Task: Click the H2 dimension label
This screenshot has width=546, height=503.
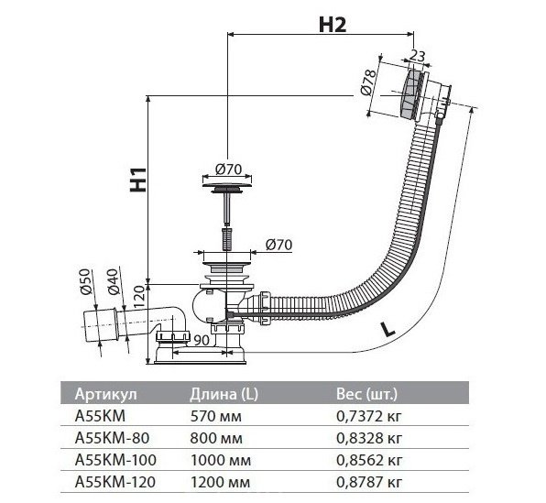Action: [333, 25]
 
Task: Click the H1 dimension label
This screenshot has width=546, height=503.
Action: [138, 180]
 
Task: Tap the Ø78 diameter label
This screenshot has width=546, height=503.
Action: [369, 82]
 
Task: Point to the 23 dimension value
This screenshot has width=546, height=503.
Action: [417, 56]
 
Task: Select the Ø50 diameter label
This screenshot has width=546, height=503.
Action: [86, 282]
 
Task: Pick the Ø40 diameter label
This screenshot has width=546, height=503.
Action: [114, 282]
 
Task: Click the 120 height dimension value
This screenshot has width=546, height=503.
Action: [138, 296]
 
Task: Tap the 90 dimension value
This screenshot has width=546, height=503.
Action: [202, 340]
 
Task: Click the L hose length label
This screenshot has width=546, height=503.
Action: [388, 329]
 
